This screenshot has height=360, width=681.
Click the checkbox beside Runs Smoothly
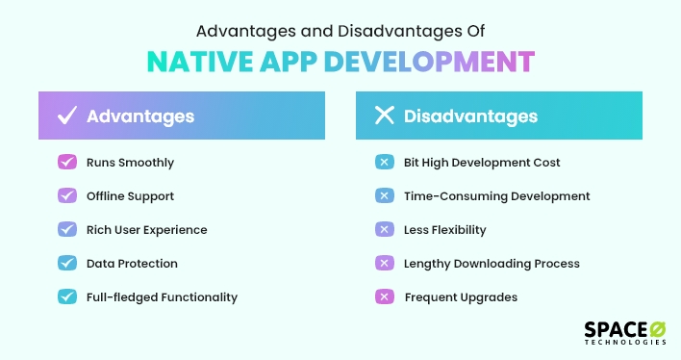point(67,163)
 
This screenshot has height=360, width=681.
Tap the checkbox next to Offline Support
point(67,196)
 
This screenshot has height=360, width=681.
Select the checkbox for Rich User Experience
point(67,230)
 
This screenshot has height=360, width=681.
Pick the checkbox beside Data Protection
point(67,264)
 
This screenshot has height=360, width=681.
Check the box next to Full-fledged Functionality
point(67,297)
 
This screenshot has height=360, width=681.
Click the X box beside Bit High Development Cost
point(384,163)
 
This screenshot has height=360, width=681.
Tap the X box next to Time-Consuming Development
point(384,196)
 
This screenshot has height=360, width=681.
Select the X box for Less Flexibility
point(384,230)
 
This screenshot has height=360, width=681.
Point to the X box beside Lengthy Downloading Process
point(384,264)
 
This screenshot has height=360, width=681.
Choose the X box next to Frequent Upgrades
point(384,297)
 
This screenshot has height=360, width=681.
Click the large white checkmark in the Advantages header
point(67,116)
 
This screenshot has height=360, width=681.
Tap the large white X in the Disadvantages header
point(385,116)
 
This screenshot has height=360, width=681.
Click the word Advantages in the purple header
point(140,116)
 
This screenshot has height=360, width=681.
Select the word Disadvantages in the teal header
point(470,116)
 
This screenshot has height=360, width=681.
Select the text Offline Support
point(130,196)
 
